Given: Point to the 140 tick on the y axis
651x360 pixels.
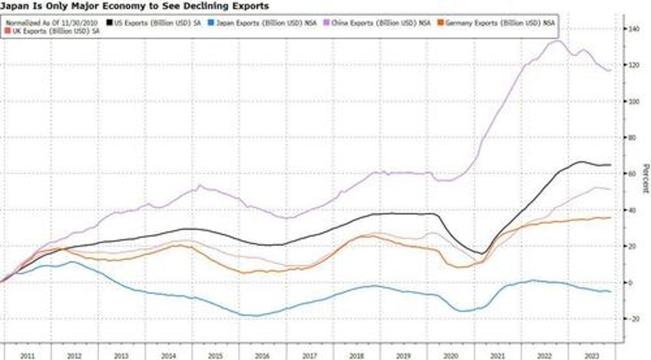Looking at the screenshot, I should coord(635,29).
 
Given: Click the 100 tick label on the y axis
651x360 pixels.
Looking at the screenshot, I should coord(635,101).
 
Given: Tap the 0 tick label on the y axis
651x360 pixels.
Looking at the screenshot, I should coord(631,282).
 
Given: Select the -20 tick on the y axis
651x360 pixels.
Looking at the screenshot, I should coord(634,319).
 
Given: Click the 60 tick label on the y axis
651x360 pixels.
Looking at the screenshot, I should coord(633,173).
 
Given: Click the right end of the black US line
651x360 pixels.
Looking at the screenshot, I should coord(610,164).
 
